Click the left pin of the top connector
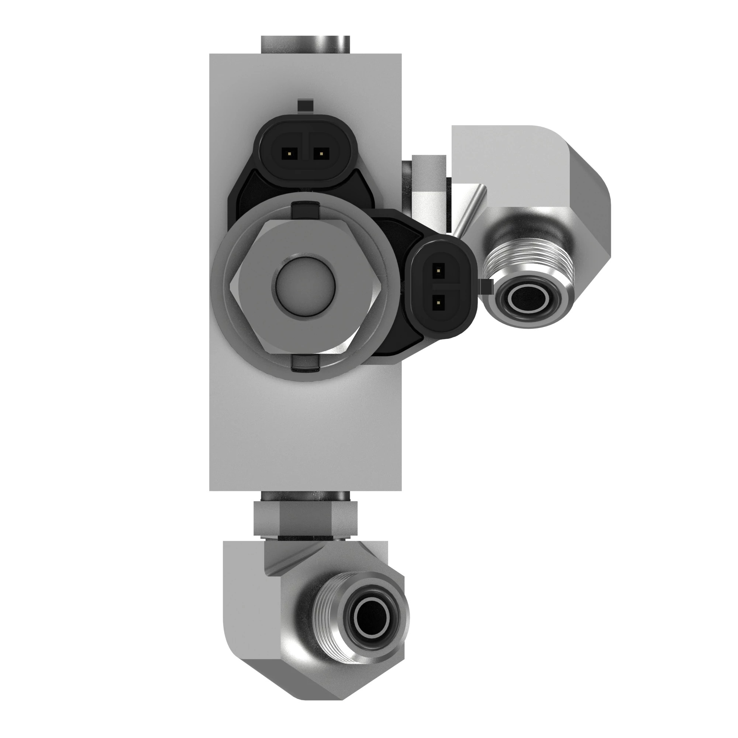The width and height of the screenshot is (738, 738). click(x=290, y=154)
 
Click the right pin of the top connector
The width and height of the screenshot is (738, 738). click(x=322, y=154)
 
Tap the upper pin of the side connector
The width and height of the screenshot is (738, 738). click(x=438, y=271)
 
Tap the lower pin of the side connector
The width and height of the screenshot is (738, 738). click(x=438, y=303)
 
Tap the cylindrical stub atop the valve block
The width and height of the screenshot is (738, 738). click(x=305, y=44)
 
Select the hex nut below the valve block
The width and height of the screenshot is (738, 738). click(x=305, y=519)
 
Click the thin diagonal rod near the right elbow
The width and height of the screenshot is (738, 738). click(x=469, y=210)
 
